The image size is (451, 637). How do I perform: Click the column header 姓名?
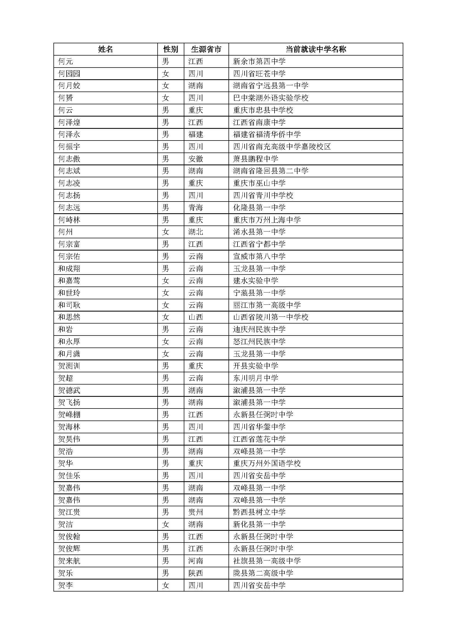(106, 49)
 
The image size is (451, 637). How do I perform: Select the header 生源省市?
(206, 49)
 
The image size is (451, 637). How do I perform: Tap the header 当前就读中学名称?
(316, 49)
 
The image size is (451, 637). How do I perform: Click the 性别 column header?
(170, 49)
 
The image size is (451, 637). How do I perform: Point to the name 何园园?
(69, 74)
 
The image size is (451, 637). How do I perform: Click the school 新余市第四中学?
(259, 61)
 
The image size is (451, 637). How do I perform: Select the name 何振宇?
(69, 147)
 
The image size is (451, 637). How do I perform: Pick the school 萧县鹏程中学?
(255, 159)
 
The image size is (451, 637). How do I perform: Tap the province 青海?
(196, 208)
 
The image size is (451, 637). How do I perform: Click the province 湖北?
(196, 232)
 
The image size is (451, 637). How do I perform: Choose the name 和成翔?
(69, 268)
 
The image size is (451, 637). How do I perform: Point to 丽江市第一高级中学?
(267, 305)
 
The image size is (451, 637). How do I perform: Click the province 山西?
(196, 317)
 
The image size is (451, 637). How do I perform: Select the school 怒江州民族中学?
(259, 342)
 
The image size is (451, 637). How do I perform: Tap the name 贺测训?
(69, 366)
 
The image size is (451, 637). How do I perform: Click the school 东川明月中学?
(255, 378)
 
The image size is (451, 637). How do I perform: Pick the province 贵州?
(196, 512)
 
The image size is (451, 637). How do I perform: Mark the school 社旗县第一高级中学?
(267, 561)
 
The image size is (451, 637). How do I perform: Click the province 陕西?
(196, 573)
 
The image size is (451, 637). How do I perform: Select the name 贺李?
(65, 586)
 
